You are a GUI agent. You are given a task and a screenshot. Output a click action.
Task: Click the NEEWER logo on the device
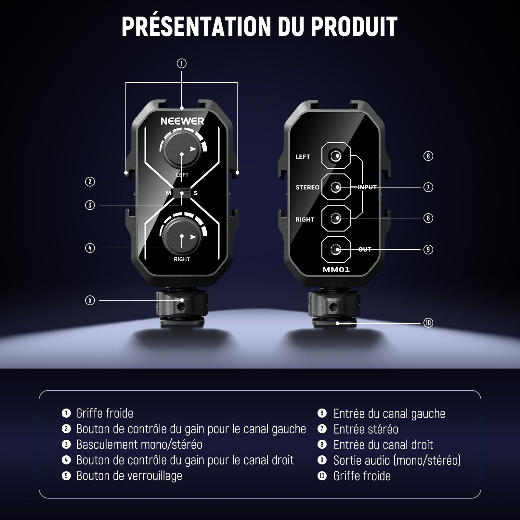(182, 121)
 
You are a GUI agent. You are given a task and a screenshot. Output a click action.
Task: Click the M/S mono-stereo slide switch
(182, 193)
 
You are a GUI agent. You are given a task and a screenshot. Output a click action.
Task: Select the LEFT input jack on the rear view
(336, 156)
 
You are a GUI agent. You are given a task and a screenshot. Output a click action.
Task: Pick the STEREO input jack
(336, 187)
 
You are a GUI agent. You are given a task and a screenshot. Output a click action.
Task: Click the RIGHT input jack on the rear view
(336, 218)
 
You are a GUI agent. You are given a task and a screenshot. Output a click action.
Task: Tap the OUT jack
(336, 249)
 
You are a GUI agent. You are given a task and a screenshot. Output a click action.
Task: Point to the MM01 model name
(336, 270)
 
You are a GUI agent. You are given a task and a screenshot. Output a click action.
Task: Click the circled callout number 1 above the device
(182, 63)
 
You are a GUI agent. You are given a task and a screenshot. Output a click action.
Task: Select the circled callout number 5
(90, 300)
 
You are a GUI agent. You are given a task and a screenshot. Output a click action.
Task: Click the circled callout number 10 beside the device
(428, 323)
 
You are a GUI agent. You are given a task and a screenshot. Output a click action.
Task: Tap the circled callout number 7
(428, 187)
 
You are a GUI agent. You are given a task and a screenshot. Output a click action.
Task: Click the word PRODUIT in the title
(354, 26)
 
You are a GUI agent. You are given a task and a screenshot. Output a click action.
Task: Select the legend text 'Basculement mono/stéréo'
(139, 445)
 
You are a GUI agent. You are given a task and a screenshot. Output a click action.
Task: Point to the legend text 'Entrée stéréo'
(366, 429)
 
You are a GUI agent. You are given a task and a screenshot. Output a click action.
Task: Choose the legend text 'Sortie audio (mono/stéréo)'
(397, 461)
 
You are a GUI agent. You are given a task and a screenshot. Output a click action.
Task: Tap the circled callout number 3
(90, 205)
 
